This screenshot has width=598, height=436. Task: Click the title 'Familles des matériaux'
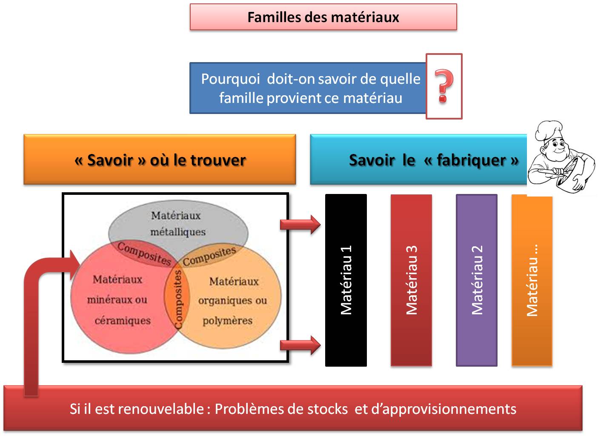pos(323,17)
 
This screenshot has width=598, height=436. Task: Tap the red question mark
pos(444,86)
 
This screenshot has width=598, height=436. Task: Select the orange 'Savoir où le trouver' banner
pos(160,160)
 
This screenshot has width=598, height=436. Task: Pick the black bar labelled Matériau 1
pos(346,280)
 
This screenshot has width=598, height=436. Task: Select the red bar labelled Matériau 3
pos(411,280)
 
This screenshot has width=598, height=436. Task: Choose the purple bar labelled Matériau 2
pos(477,280)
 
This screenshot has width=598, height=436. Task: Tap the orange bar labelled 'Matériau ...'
pos(532,280)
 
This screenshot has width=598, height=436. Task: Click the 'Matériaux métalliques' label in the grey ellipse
pos(177,224)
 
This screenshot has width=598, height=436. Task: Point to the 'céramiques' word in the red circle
pos(123,320)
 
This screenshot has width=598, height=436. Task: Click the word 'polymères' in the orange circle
pos(227,320)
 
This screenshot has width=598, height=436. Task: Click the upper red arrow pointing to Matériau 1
pos(300,224)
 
